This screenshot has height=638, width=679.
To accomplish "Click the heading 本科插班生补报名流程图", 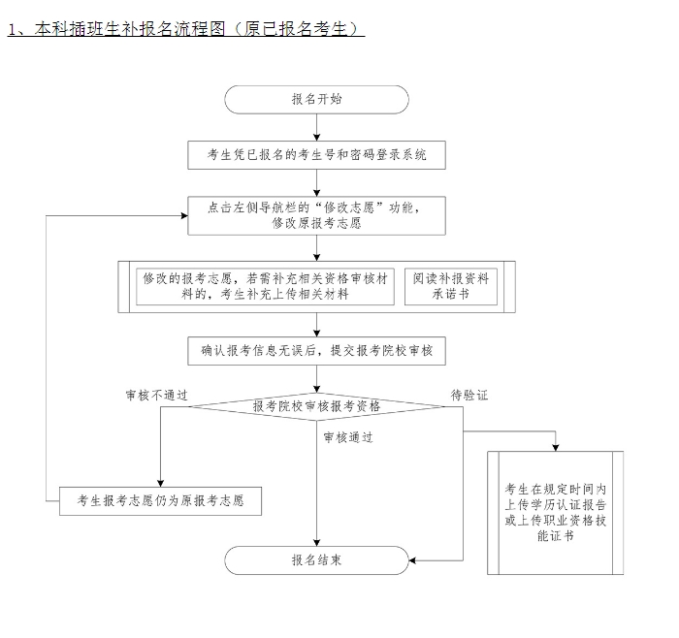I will [116, 29].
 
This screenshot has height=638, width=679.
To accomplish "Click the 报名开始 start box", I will [316, 100].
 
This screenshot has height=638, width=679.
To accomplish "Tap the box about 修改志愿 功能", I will [316, 215].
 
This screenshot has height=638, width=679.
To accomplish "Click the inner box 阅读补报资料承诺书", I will [450, 286].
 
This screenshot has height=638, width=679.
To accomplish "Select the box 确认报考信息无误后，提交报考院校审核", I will [316, 351].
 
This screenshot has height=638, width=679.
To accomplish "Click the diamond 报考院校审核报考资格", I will [316, 406].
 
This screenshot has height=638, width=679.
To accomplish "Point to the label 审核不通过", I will [156, 396].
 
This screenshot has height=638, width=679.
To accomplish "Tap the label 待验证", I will [469, 396].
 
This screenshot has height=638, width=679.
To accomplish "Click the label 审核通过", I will [348, 437].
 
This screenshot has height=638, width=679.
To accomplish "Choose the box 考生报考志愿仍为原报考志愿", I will [161, 501].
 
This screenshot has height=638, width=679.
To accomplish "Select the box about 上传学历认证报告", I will [556, 513].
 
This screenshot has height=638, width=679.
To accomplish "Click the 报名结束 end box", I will [316, 560].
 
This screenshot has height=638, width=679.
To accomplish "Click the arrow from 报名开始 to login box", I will [316, 128].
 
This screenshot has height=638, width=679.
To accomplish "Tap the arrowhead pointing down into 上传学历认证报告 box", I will [556, 447].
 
